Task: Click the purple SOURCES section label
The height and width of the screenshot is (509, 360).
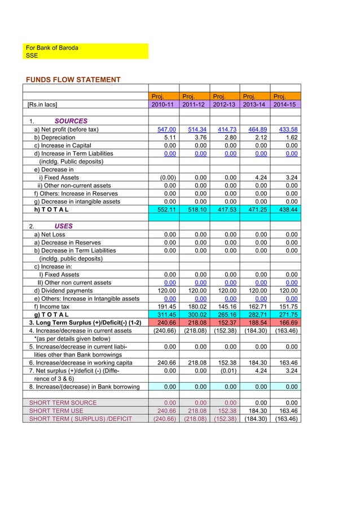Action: [x=71, y=121]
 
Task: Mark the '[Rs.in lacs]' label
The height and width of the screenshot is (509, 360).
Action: [x=42, y=104]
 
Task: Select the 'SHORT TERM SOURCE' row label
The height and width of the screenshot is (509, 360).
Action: [x=63, y=402]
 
